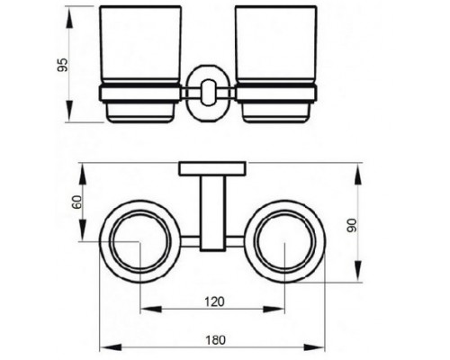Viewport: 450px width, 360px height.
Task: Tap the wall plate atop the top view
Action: tap(212, 167)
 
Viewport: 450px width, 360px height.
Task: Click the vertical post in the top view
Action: tap(212, 211)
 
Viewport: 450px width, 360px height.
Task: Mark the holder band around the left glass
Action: tap(141, 93)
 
